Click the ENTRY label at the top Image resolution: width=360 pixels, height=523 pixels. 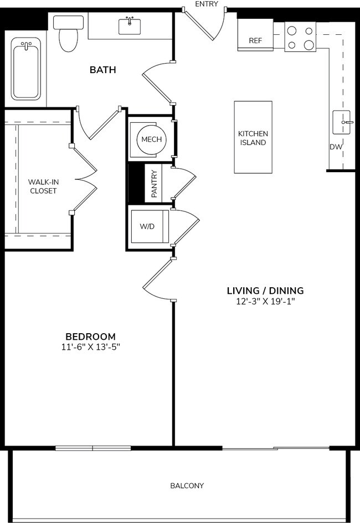(x=207, y=4)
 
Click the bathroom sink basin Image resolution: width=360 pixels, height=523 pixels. (x=130, y=26)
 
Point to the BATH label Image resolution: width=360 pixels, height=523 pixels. (x=103, y=70)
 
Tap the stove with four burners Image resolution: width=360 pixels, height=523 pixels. (x=300, y=37)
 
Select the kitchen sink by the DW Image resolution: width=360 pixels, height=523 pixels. (x=342, y=122)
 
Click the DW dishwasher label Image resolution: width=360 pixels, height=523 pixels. (x=336, y=147)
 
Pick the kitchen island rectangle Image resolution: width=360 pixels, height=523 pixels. (x=253, y=138)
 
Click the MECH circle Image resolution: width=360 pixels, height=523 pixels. (x=151, y=139)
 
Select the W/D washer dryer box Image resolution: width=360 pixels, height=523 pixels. (x=148, y=226)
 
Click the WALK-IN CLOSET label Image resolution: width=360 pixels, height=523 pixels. (x=43, y=186)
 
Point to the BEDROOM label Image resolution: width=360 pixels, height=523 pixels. (x=90, y=336)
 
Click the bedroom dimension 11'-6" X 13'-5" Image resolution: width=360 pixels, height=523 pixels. (x=90, y=347)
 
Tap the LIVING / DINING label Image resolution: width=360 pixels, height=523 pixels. (x=265, y=291)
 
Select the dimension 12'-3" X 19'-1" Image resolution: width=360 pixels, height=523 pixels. (x=265, y=302)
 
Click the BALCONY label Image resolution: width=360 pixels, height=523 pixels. (x=187, y=486)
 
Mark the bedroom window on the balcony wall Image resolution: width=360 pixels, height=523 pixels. (x=93, y=448)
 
